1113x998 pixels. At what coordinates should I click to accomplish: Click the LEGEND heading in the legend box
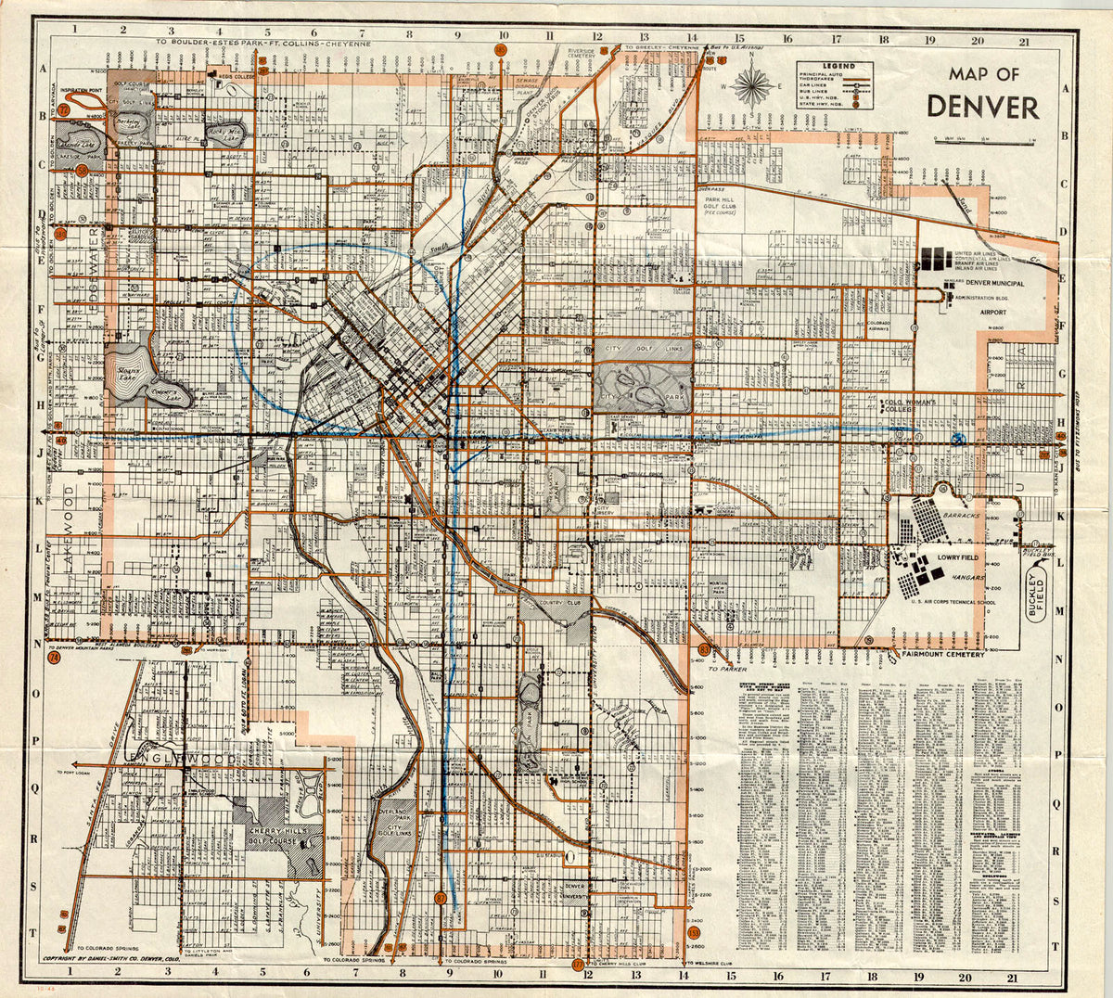click(x=834, y=67)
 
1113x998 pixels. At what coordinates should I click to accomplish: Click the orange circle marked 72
click(x=64, y=109)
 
